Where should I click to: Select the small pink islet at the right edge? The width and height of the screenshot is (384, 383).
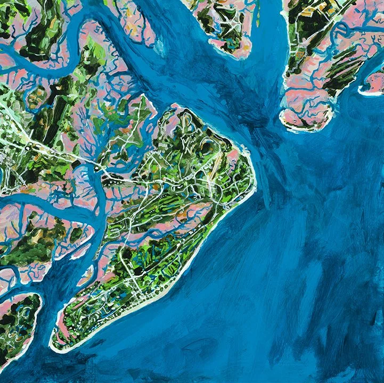375,82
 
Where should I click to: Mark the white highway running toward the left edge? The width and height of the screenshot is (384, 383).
32,144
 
